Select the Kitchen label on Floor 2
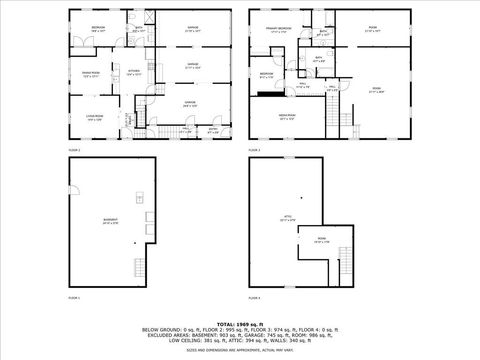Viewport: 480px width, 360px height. (131, 72)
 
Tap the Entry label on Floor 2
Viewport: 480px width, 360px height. (212, 129)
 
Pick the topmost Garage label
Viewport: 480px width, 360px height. (193, 29)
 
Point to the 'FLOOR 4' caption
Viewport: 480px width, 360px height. (254, 298)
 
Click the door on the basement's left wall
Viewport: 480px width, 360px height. (70, 189)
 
